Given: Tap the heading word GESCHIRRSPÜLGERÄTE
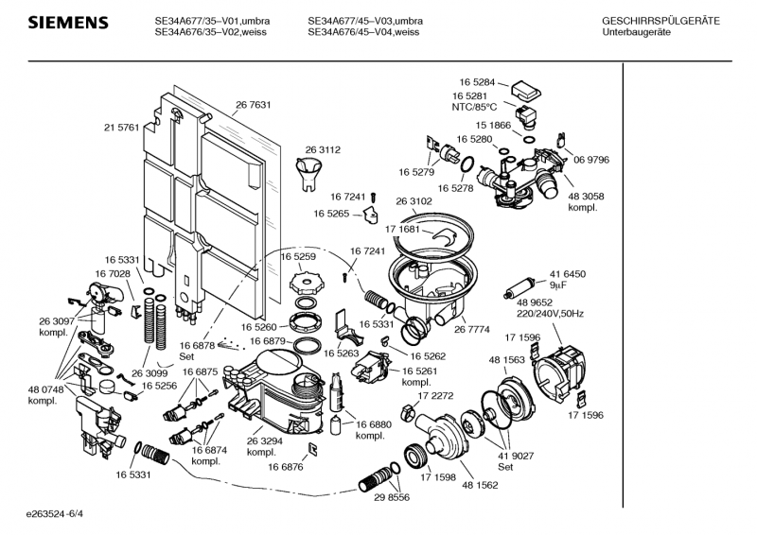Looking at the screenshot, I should pyautogui.click(x=660, y=21).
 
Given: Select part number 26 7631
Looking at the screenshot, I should pyautogui.click(x=254, y=104).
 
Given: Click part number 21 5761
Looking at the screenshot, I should pyautogui.click(x=121, y=127).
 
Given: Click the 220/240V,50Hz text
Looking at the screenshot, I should pyautogui.click(x=550, y=313).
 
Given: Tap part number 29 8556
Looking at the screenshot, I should pyautogui.click(x=391, y=497).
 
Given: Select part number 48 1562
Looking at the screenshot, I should pyautogui.click(x=480, y=485).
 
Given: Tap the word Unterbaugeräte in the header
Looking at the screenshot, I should pyautogui.click(x=637, y=33).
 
